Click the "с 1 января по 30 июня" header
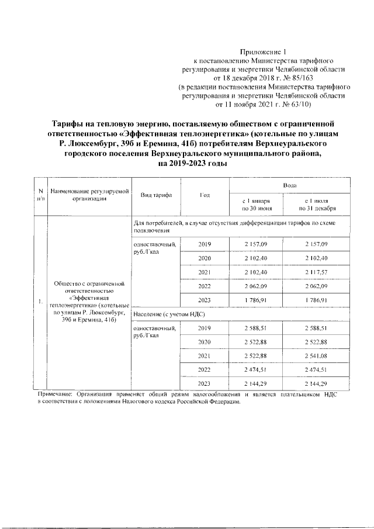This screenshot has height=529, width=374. [255, 204]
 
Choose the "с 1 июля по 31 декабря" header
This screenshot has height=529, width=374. [316, 204]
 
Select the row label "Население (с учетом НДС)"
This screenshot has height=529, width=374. [167, 314]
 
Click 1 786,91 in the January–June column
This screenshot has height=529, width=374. [255, 300]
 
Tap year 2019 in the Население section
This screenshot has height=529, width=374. [205, 329]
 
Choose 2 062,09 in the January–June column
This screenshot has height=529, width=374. [255, 286]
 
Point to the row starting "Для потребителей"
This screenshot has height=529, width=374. [234, 226]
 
